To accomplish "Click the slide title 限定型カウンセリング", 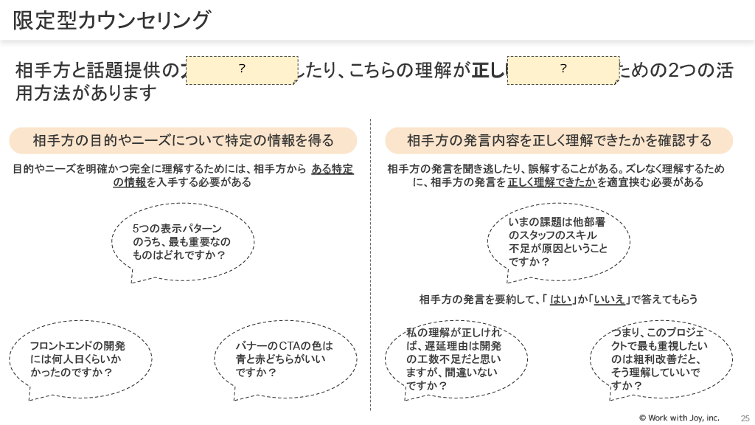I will point(111,21).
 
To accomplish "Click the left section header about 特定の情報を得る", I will point(183,140).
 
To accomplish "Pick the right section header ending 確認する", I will point(559,140).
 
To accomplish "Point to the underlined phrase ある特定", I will point(333,169).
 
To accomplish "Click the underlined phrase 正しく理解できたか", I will point(552,182).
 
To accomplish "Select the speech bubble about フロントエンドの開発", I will point(80,359).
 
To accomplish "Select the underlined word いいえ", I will point(609,300).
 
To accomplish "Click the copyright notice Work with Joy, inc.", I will point(679,418).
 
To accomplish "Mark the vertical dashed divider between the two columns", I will point(370,266).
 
